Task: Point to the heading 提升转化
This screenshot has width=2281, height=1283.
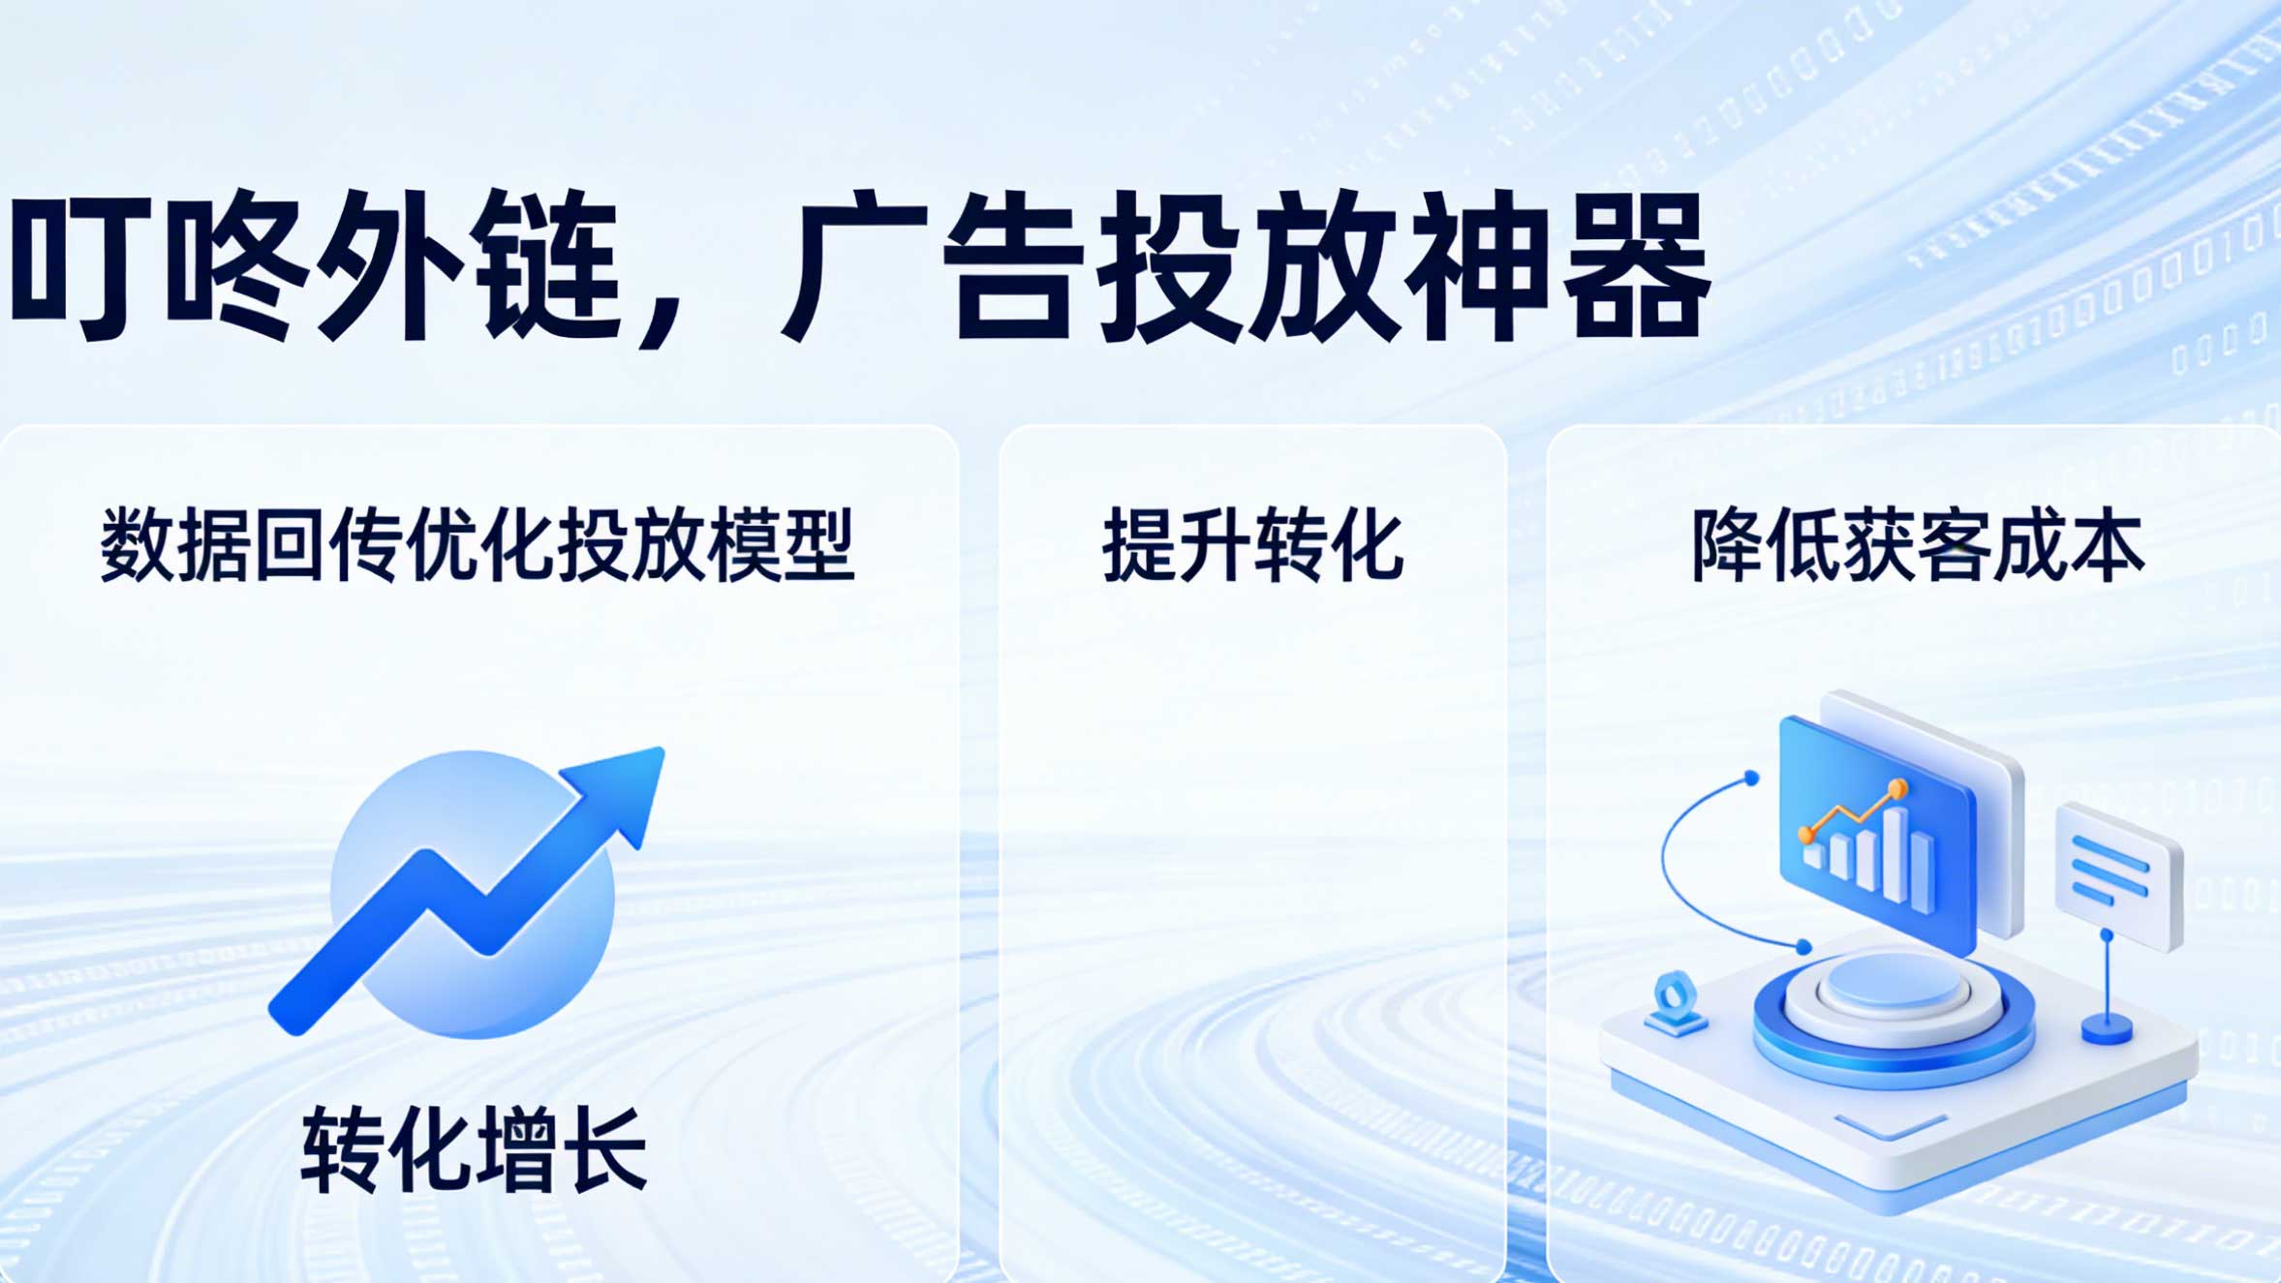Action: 1252,545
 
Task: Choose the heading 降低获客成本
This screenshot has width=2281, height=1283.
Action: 1918,545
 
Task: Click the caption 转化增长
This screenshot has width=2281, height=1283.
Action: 475,1150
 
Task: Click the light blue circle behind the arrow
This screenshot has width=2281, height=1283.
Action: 473,895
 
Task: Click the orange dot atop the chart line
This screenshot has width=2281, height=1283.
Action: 1898,789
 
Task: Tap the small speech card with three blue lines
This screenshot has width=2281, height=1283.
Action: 2119,875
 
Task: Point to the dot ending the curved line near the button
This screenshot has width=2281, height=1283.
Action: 1803,946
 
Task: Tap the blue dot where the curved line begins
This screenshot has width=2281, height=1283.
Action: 1751,778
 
